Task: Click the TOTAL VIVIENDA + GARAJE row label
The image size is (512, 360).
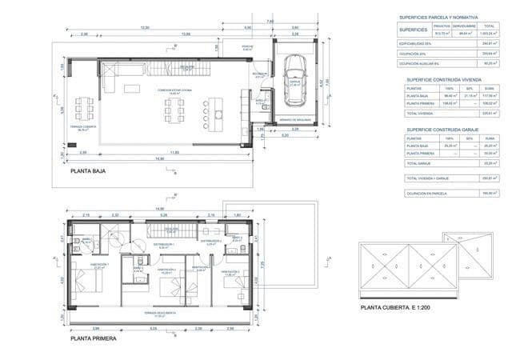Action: point(427,178)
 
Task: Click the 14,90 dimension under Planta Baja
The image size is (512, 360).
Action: point(161,158)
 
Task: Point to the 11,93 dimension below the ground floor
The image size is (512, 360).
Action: point(174,151)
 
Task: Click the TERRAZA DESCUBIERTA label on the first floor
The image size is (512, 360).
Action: point(166,313)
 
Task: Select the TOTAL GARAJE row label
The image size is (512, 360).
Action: point(420,163)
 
